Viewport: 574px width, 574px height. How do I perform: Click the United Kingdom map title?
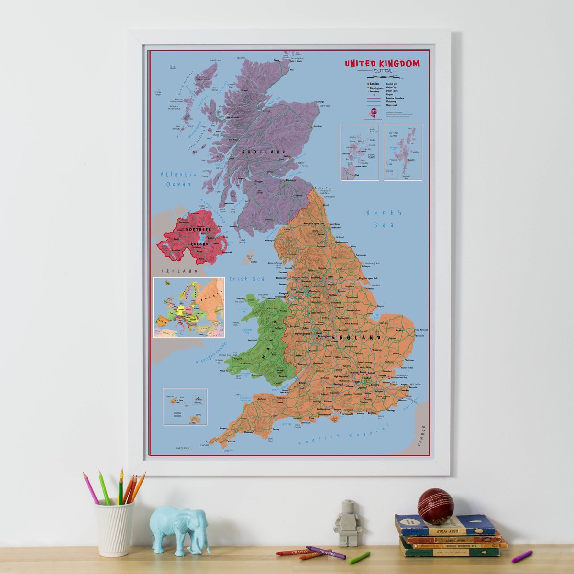(382, 64)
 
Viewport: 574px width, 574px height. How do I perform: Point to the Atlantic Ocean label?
(178, 179)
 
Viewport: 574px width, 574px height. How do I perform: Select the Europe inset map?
(189, 308)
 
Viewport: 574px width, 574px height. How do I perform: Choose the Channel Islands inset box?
(185, 406)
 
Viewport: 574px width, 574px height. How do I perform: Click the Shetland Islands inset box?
(403, 152)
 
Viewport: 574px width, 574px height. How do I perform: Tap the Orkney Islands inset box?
(360, 152)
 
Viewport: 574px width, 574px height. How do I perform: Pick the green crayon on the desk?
(360, 557)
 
